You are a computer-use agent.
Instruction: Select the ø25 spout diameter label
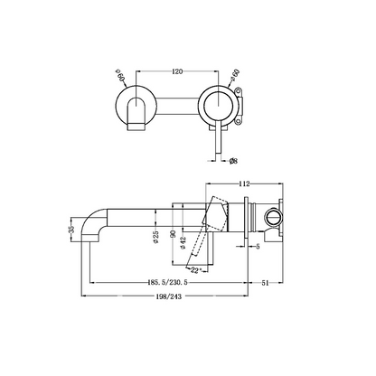[155, 236]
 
